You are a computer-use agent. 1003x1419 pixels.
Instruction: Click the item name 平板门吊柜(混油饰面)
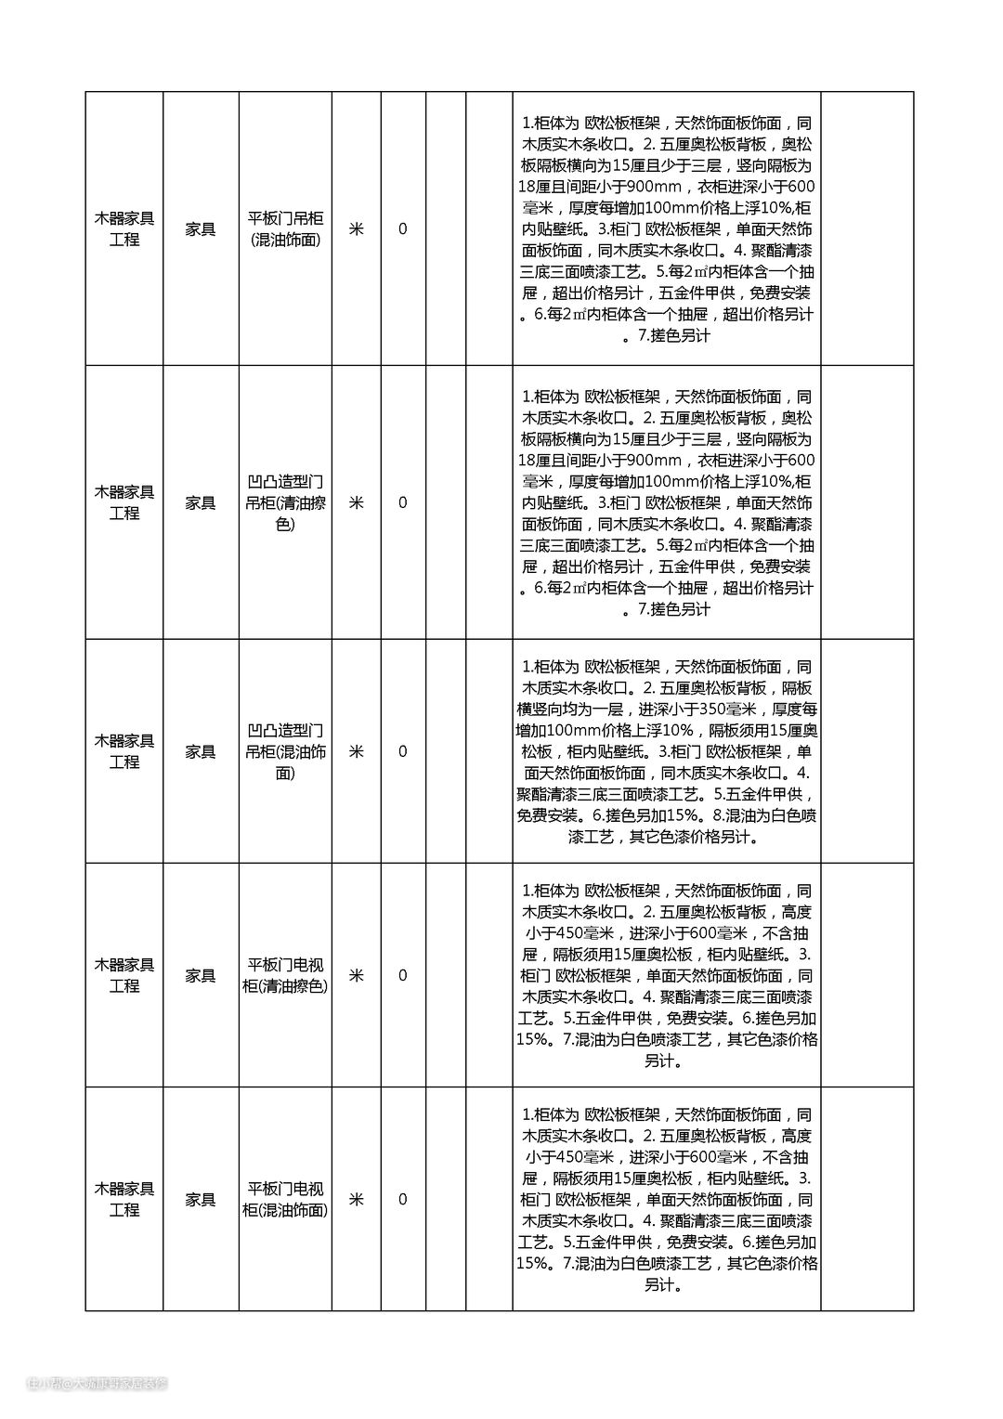point(285,229)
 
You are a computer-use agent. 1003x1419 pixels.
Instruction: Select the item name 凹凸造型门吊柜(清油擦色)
point(285,502)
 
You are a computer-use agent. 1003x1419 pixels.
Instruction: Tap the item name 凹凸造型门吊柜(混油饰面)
point(285,751)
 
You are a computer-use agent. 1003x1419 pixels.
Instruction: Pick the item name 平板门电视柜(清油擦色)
point(285,975)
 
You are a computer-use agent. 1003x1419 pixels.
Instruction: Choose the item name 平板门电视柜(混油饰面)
point(285,1199)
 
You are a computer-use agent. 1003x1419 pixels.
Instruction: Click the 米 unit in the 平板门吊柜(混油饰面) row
point(356,229)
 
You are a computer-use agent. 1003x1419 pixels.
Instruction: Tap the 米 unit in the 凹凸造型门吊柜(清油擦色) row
point(356,502)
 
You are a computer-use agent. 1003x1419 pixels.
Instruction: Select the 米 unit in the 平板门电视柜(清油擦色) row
point(356,975)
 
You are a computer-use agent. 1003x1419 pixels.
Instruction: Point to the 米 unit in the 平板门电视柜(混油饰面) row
point(356,1199)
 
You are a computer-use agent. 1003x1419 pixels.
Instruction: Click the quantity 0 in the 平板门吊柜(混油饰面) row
point(402,229)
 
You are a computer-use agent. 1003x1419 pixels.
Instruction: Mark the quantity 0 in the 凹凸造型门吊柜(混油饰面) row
point(402,751)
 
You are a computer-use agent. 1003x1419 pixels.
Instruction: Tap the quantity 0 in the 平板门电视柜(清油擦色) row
point(402,975)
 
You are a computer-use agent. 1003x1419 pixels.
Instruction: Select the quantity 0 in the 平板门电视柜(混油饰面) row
point(402,1199)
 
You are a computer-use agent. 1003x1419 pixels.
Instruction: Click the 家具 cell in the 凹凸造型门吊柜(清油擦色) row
point(201,502)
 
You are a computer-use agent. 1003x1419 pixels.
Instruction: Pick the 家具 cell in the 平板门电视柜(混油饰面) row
point(201,1199)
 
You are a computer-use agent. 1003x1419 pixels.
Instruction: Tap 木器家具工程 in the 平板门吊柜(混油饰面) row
point(124,229)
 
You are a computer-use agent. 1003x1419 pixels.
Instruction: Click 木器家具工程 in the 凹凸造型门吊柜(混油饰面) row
point(124,751)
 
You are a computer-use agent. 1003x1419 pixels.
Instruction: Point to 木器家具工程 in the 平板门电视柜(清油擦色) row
point(124,975)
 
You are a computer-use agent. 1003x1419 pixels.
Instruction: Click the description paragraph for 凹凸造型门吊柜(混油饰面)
point(666,751)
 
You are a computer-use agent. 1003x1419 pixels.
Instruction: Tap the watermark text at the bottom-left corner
point(97,1384)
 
